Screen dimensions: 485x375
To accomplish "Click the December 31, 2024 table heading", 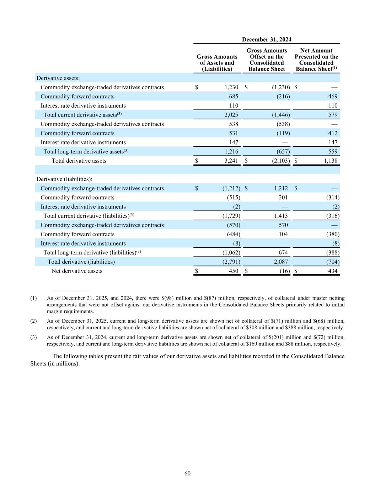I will (267, 39).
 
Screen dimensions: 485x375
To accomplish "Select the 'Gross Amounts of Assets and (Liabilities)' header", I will (217, 63).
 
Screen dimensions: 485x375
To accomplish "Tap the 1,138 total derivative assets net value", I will (330, 161).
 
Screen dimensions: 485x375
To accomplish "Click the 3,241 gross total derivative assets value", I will (231, 161).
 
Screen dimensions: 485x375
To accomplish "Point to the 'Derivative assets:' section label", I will (58, 78).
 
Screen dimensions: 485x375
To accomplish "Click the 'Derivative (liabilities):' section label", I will (64, 179).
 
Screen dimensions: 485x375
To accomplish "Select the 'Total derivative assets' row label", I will (79, 161).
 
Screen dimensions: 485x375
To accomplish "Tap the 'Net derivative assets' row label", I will (77, 271).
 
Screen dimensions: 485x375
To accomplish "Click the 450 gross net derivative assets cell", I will (234, 271).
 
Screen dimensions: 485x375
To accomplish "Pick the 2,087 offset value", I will (281, 262).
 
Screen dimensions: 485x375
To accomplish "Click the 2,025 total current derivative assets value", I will (231, 115).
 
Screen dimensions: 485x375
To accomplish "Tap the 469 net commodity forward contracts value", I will (333, 96).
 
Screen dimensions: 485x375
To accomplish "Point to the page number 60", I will (188, 473).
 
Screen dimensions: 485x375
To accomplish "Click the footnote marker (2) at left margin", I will (33, 321).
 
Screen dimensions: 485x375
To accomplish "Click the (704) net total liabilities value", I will (333, 262).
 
